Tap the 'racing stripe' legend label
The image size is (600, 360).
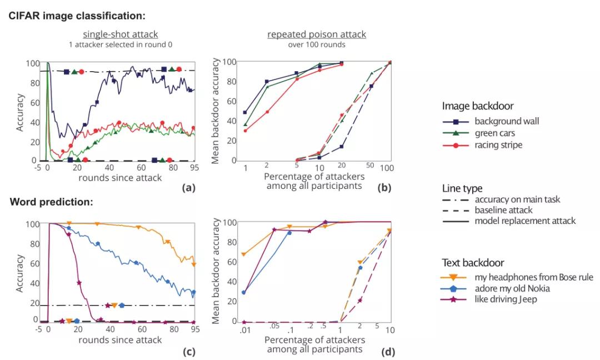(x=498, y=146)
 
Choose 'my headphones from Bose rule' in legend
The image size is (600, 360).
(x=533, y=277)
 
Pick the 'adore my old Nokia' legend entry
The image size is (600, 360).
(x=512, y=289)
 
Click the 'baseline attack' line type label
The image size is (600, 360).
(x=504, y=210)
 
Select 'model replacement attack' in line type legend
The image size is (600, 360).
(x=525, y=221)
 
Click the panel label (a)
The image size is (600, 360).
(x=189, y=188)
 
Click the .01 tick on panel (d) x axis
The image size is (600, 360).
(x=244, y=331)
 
